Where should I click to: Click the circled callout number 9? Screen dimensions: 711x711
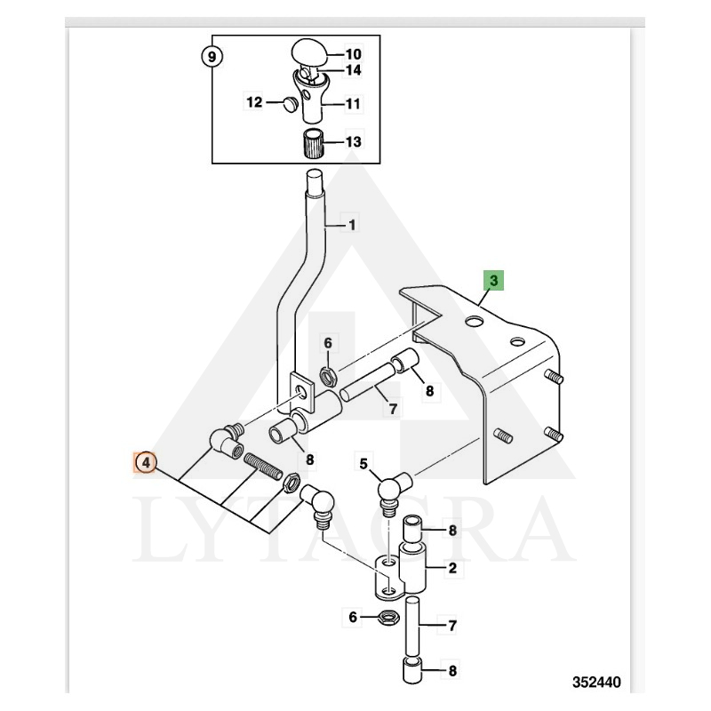211,57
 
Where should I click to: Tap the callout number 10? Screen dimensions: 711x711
353,54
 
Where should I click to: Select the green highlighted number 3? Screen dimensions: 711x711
494,280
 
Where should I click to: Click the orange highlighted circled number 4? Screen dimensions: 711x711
145,463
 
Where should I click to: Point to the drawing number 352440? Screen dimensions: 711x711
596,682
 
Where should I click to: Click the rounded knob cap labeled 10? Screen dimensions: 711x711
309,54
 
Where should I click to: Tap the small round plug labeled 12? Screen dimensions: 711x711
289,104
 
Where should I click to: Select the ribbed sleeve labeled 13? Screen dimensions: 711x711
312,143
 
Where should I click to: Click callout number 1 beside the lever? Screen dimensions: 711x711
352,225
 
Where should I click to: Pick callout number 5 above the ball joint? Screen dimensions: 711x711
363,464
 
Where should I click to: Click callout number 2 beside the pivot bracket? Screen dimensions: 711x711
452,568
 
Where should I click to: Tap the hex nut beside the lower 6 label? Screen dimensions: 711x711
387,617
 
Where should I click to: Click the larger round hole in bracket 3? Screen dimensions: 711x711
474,322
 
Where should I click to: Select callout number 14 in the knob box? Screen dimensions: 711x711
353,70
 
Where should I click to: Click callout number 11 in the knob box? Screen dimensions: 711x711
353,103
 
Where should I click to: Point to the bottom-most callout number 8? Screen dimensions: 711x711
452,671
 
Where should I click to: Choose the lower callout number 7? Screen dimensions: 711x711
452,626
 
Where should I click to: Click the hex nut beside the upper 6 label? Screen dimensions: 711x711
327,377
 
